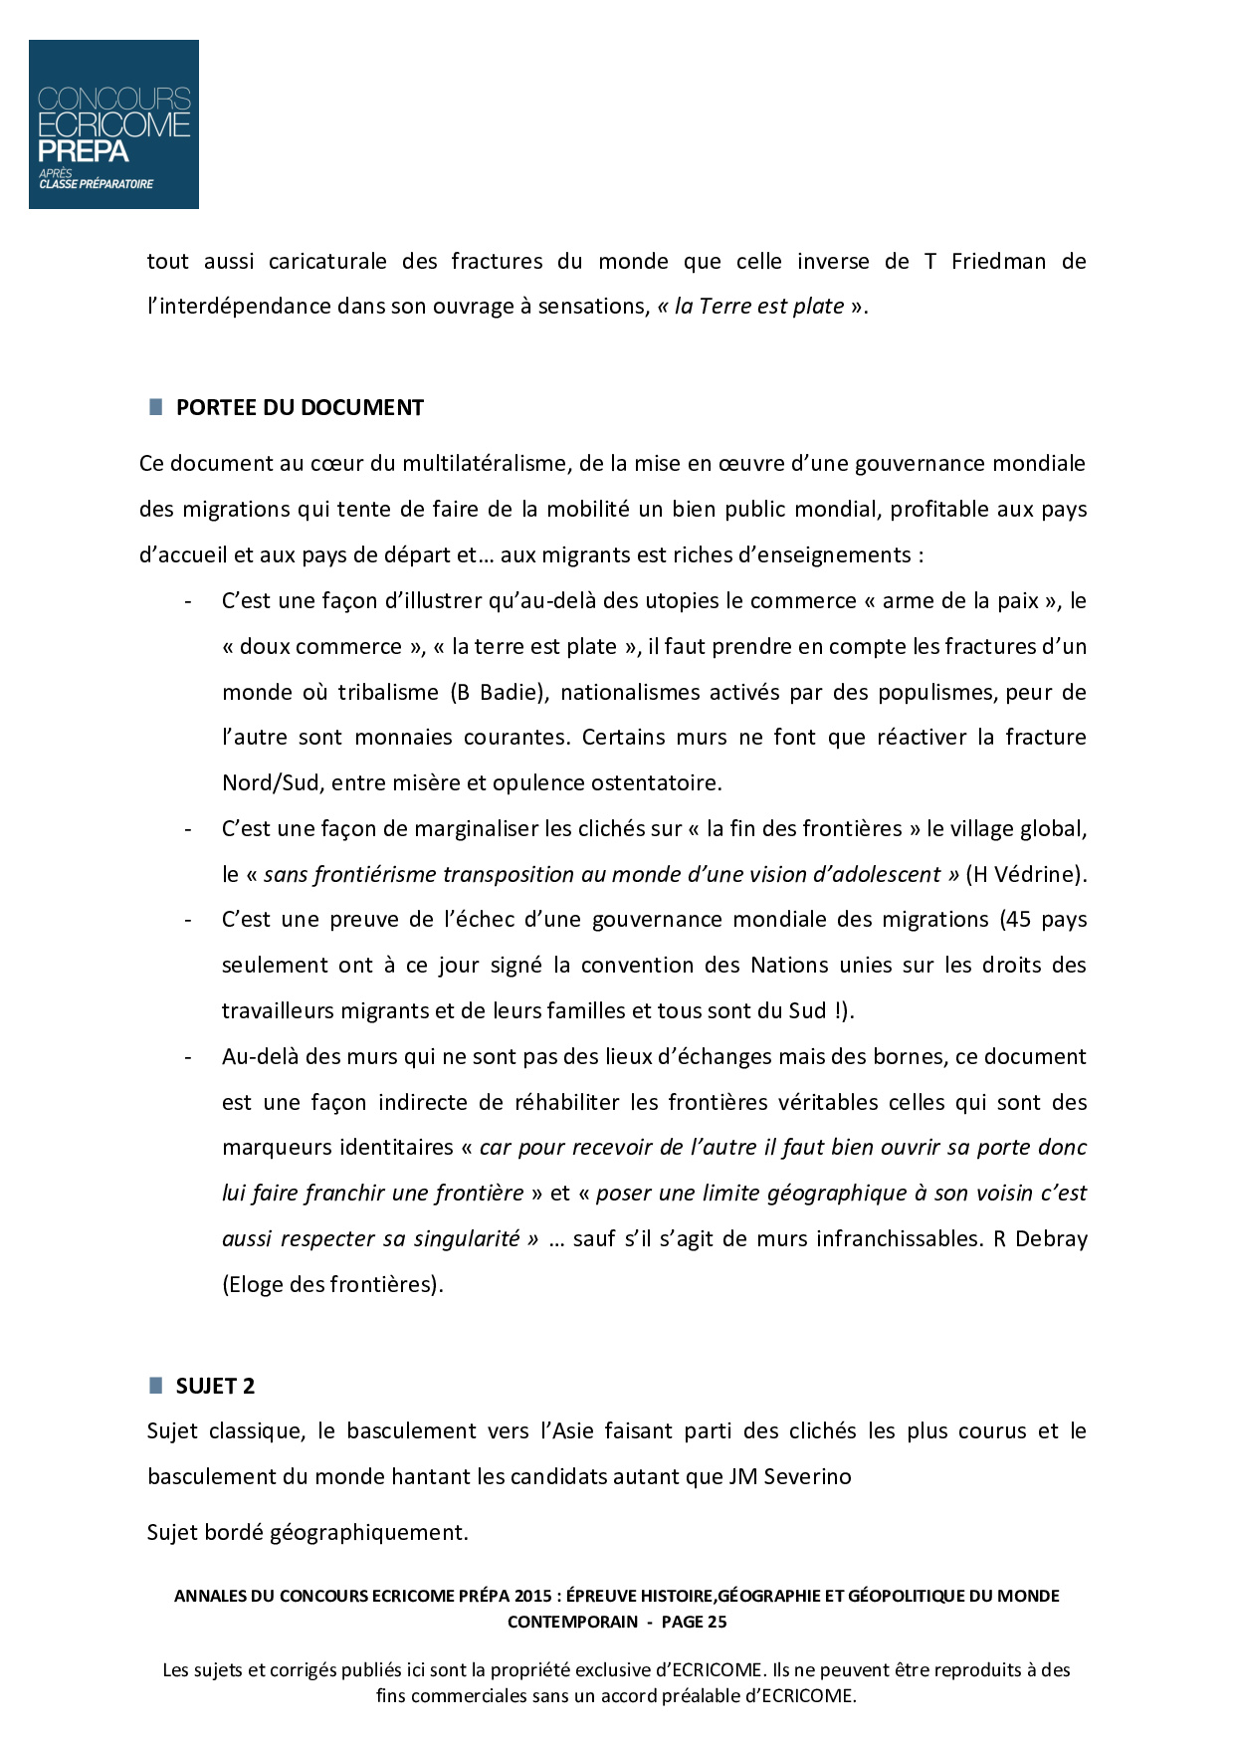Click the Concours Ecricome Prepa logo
[x=113, y=124]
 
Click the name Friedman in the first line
[x=998, y=262]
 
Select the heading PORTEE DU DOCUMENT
[x=300, y=408]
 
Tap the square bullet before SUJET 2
[x=156, y=1385]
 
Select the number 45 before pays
[x=1018, y=920]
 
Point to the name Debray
[x=1052, y=1239]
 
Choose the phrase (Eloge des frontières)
[x=332, y=1285]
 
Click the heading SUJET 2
[x=215, y=1387]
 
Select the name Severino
[x=807, y=1477]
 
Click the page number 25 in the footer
[x=716, y=1622]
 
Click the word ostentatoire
[x=656, y=783]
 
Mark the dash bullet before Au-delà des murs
[x=188, y=1057]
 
